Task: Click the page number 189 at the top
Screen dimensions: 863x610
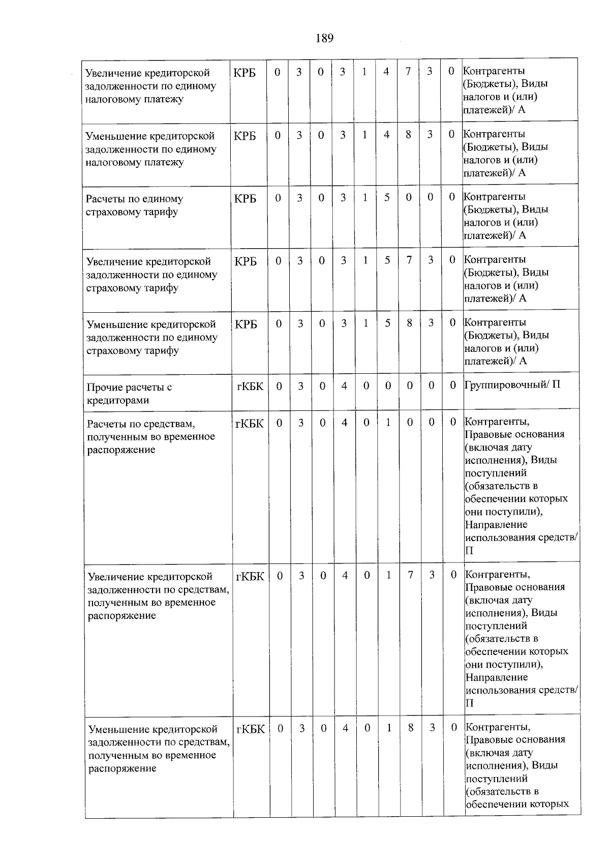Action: pos(324,38)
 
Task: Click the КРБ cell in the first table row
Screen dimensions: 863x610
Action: pos(245,73)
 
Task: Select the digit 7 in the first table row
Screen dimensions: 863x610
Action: pos(408,72)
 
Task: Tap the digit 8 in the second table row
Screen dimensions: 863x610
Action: pos(408,135)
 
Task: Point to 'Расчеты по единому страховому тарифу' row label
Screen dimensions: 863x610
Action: pos(135,205)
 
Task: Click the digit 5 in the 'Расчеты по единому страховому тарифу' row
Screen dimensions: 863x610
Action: pos(387,197)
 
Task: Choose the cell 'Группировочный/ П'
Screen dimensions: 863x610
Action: pos(512,384)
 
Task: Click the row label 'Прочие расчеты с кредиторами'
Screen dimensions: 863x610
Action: pos(129,393)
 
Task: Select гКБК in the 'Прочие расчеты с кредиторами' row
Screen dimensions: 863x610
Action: pos(250,386)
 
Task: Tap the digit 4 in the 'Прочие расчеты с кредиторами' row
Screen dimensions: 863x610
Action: pos(344,386)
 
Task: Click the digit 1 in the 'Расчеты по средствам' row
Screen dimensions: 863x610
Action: pos(388,422)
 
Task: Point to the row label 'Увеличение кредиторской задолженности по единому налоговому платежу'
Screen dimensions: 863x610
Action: pos(150,86)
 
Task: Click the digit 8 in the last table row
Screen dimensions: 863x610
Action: pos(411,728)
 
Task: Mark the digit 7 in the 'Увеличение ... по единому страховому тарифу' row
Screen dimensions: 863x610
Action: pos(409,260)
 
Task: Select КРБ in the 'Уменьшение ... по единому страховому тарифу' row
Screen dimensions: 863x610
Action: pos(246,324)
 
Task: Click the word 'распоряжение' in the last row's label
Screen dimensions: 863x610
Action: pos(122,768)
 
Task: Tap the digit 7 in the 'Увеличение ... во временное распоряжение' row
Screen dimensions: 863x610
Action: pos(410,575)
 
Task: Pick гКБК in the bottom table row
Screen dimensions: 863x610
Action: pos(251,729)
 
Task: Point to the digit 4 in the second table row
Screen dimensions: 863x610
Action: pos(387,135)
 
